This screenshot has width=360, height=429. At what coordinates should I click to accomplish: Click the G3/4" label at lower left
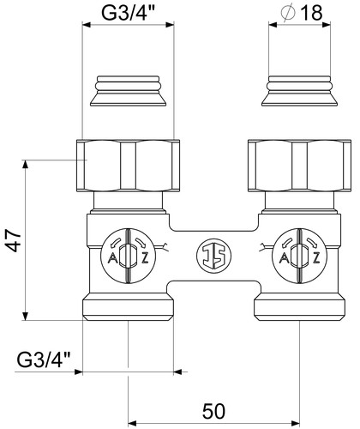(x=44, y=360)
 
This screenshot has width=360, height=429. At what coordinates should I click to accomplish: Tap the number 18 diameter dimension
(x=311, y=13)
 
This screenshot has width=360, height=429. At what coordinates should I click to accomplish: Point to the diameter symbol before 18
(x=288, y=13)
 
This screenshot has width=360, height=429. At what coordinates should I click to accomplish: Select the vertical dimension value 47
(x=14, y=240)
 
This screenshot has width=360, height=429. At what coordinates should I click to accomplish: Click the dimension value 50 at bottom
(x=213, y=412)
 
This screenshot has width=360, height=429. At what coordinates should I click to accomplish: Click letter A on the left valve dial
(x=113, y=258)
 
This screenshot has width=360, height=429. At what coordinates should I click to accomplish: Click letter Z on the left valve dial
(x=145, y=258)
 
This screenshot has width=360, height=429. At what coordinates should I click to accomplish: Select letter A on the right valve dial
(x=284, y=258)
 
